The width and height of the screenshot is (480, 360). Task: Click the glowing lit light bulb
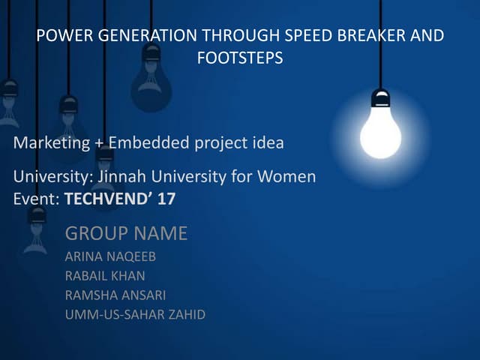click(x=380, y=130)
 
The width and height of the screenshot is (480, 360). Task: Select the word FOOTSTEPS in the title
click(x=240, y=58)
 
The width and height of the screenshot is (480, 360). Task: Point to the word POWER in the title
click(x=58, y=36)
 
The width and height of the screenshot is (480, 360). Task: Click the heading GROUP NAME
click(x=126, y=234)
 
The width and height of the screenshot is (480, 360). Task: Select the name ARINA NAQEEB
click(x=111, y=257)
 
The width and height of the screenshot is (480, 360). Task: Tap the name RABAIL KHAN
click(x=105, y=276)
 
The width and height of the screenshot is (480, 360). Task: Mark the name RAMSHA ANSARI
click(x=115, y=295)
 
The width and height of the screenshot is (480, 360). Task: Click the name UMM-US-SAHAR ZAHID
click(x=135, y=314)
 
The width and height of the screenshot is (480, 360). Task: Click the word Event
click(x=35, y=199)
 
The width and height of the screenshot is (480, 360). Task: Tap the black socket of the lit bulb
click(x=380, y=98)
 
